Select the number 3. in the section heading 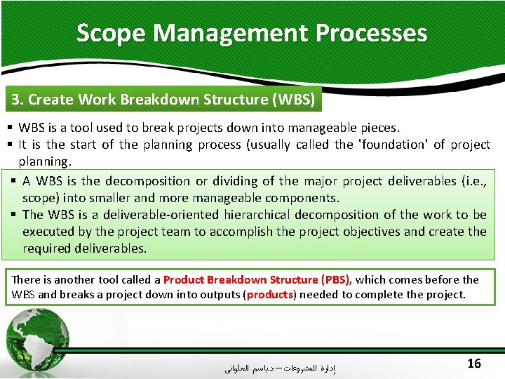coord(18,100)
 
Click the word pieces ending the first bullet coord(379,128)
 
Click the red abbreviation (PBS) coord(335,279)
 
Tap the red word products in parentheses coord(270,295)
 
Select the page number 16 coord(473,363)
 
